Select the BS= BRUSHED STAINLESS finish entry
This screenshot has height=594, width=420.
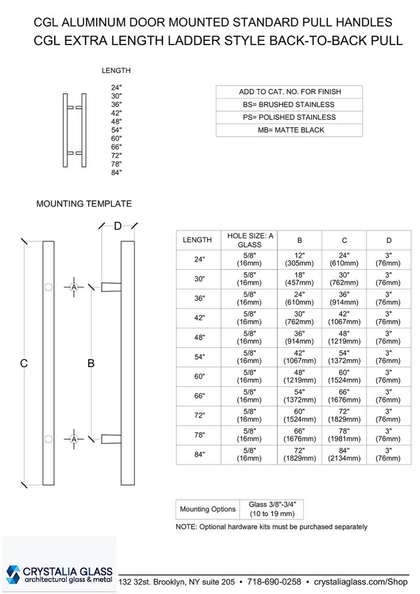[289, 104]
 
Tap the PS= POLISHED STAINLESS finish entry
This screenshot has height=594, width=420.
[289, 117]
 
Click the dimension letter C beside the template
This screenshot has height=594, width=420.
[24, 364]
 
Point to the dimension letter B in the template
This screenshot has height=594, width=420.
[91, 364]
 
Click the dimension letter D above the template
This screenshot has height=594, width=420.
[118, 226]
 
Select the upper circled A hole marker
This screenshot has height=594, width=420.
[74, 287]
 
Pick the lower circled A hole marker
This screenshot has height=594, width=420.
[74, 439]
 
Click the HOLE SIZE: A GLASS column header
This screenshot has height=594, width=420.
[250, 240]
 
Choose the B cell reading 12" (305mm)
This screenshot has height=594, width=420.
[300, 259]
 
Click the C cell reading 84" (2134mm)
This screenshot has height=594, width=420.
[344, 454]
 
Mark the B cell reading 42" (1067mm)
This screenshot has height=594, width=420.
[300, 357]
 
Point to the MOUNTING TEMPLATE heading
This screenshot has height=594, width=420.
[84, 204]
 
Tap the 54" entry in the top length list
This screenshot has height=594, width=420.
[116, 129]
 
